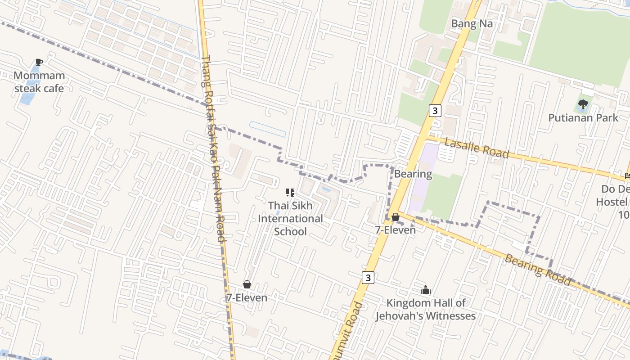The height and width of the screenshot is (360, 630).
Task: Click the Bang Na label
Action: point(472,24)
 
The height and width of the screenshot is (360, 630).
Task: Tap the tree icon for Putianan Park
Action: point(583,105)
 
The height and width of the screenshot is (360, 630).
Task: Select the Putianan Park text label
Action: point(583,118)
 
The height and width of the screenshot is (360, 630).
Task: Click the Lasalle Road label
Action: point(477,148)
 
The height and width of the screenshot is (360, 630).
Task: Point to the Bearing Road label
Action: point(538,270)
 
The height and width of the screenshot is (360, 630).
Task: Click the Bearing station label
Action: point(413,174)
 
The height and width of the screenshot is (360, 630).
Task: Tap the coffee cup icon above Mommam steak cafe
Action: point(39,63)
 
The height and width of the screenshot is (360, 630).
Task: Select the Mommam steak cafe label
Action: point(39,82)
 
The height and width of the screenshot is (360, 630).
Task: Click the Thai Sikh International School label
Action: point(290,218)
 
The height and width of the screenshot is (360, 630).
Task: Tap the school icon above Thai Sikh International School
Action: point(290,193)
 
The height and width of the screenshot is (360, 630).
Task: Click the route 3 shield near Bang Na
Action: point(435,110)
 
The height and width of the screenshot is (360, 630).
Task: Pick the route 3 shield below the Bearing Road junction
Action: point(369,278)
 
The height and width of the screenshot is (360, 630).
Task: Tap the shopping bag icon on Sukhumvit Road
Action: point(396,217)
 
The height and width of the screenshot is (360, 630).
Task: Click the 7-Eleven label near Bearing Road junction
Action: point(396,230)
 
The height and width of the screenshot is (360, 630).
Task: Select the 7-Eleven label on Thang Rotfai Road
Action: point(247,297)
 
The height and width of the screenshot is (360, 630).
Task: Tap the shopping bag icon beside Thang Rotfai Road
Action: point(247,284)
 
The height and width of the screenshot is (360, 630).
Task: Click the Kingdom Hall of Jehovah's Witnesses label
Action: point(426,310)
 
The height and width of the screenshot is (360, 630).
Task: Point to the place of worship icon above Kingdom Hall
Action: point(426,290)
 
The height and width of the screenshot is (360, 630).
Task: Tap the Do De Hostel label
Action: point(615,202)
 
